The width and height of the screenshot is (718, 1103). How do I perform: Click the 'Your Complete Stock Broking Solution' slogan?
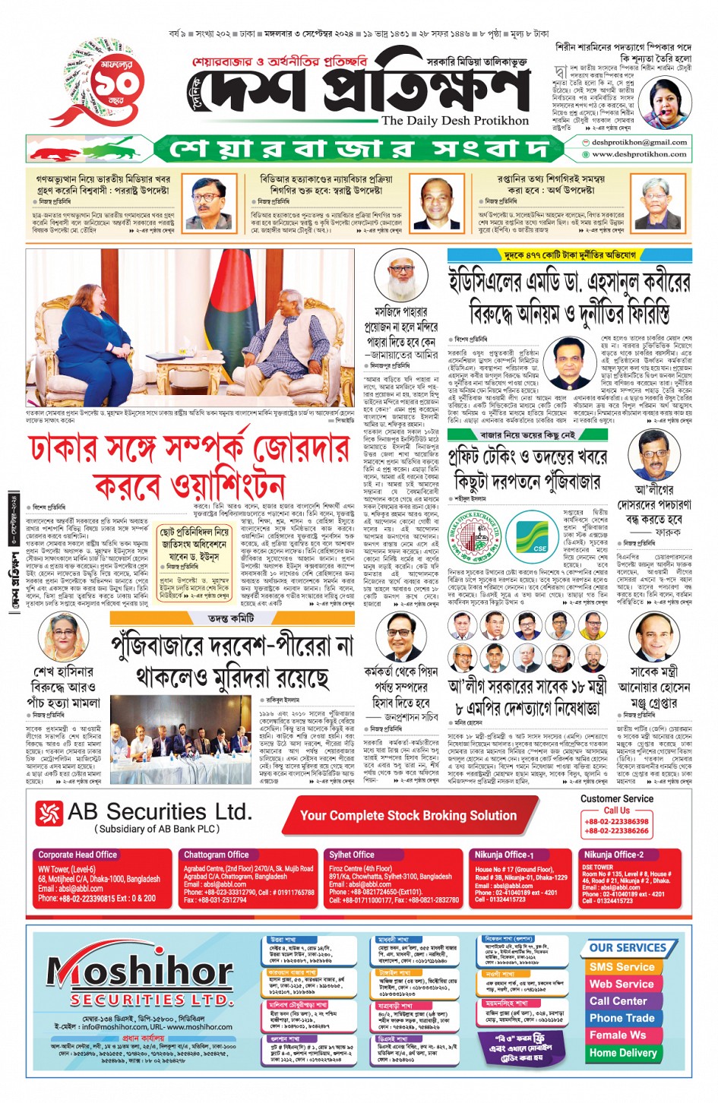(408, 816)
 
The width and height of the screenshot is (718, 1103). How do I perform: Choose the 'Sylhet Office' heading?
(352, 855)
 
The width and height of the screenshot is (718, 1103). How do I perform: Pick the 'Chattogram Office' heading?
(217, 855)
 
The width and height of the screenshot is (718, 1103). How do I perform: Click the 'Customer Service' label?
(616, 798)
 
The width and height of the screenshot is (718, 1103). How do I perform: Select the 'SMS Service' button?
(622, 967)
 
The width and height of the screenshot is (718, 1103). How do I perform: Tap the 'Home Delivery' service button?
(622, 1053)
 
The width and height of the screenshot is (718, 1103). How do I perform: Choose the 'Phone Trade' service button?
(622, 1018)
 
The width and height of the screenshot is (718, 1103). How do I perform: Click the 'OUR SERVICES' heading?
(628, 948)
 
